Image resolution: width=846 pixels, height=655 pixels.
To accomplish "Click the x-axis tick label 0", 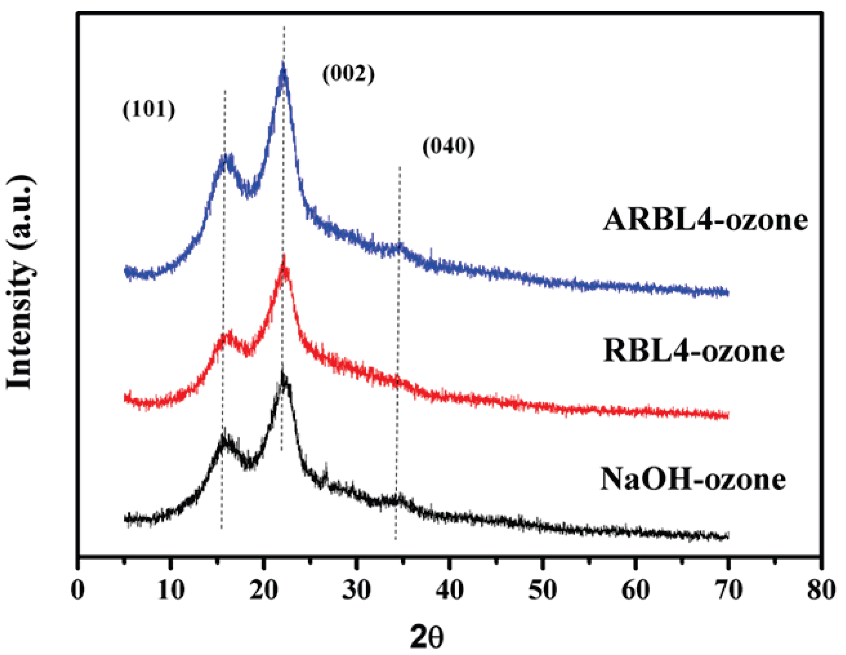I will click(78, 590).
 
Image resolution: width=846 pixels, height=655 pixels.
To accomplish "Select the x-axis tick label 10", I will click(171, 590).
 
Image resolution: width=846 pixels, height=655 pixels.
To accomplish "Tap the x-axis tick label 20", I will click(264, 590).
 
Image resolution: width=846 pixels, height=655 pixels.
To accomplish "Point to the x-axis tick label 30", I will click(357, 590).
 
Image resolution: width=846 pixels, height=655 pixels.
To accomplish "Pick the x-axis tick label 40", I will click(450, 590).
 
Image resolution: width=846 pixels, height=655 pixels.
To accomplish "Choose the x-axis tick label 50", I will click(543, 590).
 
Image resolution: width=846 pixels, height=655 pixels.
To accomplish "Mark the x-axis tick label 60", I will click(636, 590).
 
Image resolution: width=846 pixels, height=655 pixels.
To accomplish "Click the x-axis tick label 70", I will click(729, 590).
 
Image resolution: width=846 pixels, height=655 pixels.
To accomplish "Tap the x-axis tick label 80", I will click(821, 590).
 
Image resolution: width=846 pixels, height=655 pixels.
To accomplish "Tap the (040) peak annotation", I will click(448, 147).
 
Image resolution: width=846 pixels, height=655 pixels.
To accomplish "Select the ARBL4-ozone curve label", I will click(705, 221).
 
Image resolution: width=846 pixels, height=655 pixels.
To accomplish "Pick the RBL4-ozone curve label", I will click(694, 352).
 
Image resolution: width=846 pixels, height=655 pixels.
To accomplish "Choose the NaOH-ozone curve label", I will click(694, 479).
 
